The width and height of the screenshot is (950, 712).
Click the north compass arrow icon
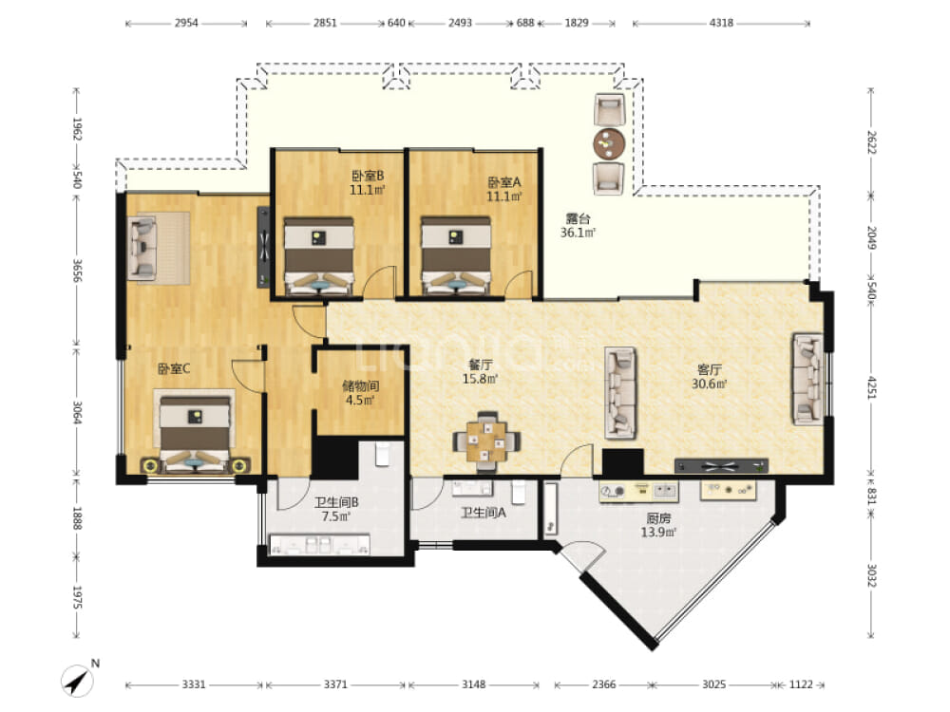[78, 680]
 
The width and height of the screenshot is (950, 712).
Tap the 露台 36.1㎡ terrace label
[578, 225]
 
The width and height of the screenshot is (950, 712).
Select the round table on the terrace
[609, 144]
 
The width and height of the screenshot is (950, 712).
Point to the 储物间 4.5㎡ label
[360, 393]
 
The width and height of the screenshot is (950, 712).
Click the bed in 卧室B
[318, 256]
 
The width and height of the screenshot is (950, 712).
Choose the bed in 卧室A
[456, 256]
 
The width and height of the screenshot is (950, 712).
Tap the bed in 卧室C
[195, 432]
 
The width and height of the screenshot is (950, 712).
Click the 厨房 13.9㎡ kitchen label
[658, 525]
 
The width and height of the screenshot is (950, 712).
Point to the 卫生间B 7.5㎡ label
[336, 509]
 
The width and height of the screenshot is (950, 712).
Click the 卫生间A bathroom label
[484, 513]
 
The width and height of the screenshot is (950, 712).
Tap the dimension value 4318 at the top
[721, 23]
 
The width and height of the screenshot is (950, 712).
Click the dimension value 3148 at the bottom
[474, 684]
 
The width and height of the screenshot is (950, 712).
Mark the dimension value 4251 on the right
[871, 387]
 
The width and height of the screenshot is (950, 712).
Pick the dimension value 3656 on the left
[77, 271]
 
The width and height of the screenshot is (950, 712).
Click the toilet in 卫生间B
[382, 454]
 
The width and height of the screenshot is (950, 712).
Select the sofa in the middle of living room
[620, 393]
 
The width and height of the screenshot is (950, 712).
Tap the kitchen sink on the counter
[665, 491]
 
